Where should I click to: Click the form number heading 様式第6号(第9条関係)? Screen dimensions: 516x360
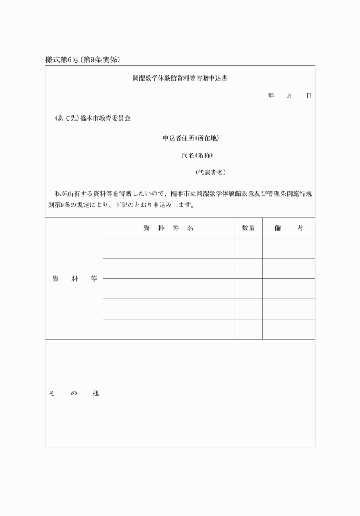point(82,59)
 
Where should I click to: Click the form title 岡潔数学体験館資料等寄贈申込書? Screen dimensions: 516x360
point(181,78)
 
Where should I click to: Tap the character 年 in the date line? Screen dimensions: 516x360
point(270,95)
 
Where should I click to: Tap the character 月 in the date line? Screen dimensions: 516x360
point(290,95)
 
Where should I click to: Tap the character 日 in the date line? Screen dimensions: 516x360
point(309,95)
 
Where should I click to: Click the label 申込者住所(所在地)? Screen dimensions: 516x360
point(191,138)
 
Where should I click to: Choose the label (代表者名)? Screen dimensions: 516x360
point(210,172)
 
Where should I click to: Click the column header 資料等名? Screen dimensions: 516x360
point(168,227)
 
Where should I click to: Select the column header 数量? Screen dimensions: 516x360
point(248,227)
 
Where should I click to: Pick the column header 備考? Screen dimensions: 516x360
point(289,227)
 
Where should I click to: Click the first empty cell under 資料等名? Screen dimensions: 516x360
point(168,248)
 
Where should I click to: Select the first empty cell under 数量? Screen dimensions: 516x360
point(248,248)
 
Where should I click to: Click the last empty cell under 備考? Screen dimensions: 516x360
point(289,329)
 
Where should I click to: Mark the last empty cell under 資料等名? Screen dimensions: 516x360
point(168,329)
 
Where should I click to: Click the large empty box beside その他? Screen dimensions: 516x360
point(209,394)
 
